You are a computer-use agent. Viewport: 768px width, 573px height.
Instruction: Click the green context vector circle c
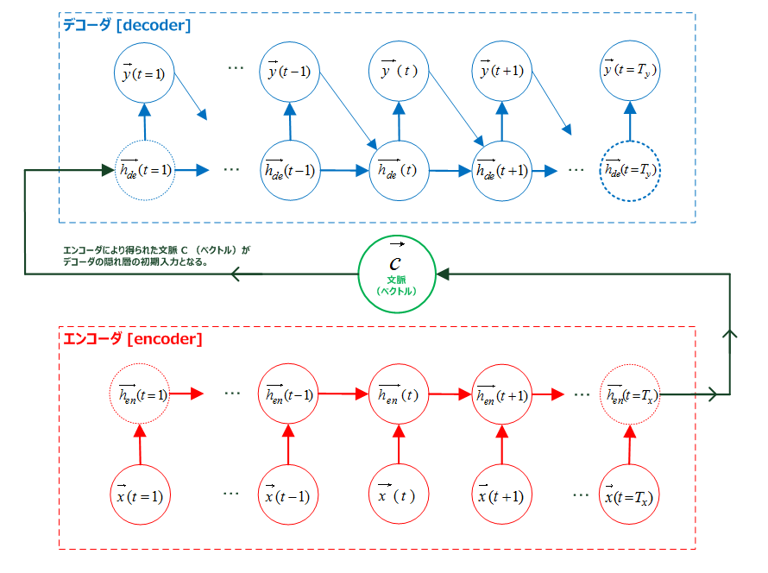397,274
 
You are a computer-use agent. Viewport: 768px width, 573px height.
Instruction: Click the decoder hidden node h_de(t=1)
144,169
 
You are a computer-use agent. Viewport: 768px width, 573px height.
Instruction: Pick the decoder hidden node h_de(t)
398,170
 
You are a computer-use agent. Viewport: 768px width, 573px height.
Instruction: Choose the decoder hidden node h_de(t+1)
501,170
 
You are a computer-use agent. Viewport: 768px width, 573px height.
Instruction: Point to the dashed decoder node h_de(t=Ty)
630,170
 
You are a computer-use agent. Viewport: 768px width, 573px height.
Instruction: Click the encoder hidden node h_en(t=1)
139,394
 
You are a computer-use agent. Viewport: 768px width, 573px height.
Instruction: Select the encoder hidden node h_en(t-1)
288,394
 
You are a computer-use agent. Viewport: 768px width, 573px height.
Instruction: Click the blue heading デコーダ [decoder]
127,26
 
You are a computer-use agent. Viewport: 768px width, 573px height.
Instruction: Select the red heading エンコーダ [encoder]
132,339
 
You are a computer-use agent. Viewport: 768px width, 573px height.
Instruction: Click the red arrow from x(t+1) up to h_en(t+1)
501,444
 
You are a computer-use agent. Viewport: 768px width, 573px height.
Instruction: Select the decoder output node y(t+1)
501,71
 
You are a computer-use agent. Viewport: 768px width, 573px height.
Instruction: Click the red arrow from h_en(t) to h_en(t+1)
449,394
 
